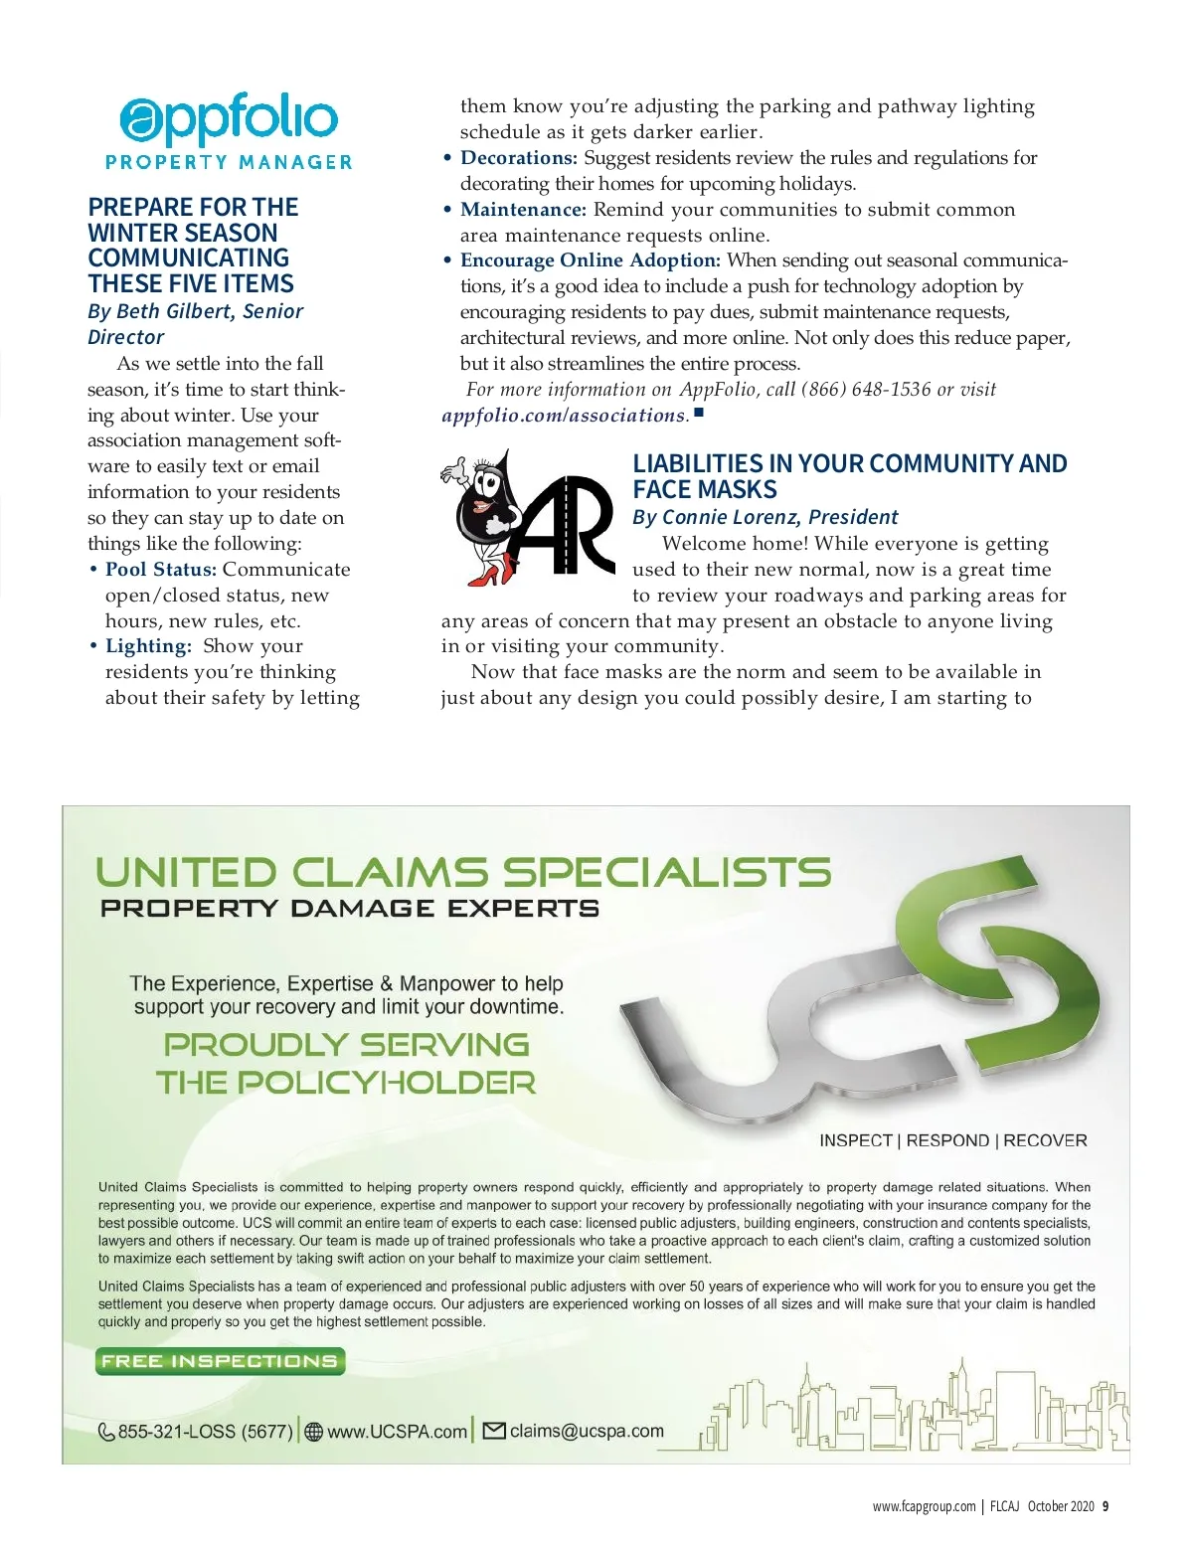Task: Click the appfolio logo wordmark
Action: point(229,120)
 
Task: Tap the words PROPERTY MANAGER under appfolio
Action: point(229,162)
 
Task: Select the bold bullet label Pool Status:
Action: point(161,570)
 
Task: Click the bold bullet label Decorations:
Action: point(518,158)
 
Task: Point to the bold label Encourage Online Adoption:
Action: point(591,260)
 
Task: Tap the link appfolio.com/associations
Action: point(565,416)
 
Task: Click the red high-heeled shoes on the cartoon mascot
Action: point(493,570)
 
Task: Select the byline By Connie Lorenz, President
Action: point(765,517)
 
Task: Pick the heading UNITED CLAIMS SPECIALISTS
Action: point(463,873)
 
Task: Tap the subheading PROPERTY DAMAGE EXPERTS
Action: point(350,909)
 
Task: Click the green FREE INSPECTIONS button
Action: point(220,1361)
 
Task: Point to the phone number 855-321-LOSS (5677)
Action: point(206,1432)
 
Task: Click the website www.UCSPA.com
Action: point(397,1432)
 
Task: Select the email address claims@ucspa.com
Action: point(587,1431)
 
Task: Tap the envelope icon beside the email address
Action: point(493,1431)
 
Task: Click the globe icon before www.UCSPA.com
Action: point(314,1432)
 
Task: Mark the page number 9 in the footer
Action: point(1106,1506)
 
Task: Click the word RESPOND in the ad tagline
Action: point(947,1140)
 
